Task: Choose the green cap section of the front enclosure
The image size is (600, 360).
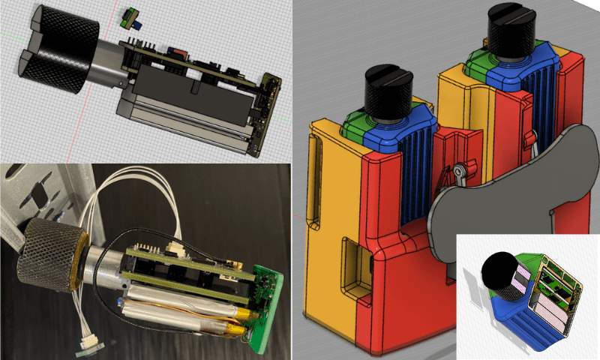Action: click(356, 124)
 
